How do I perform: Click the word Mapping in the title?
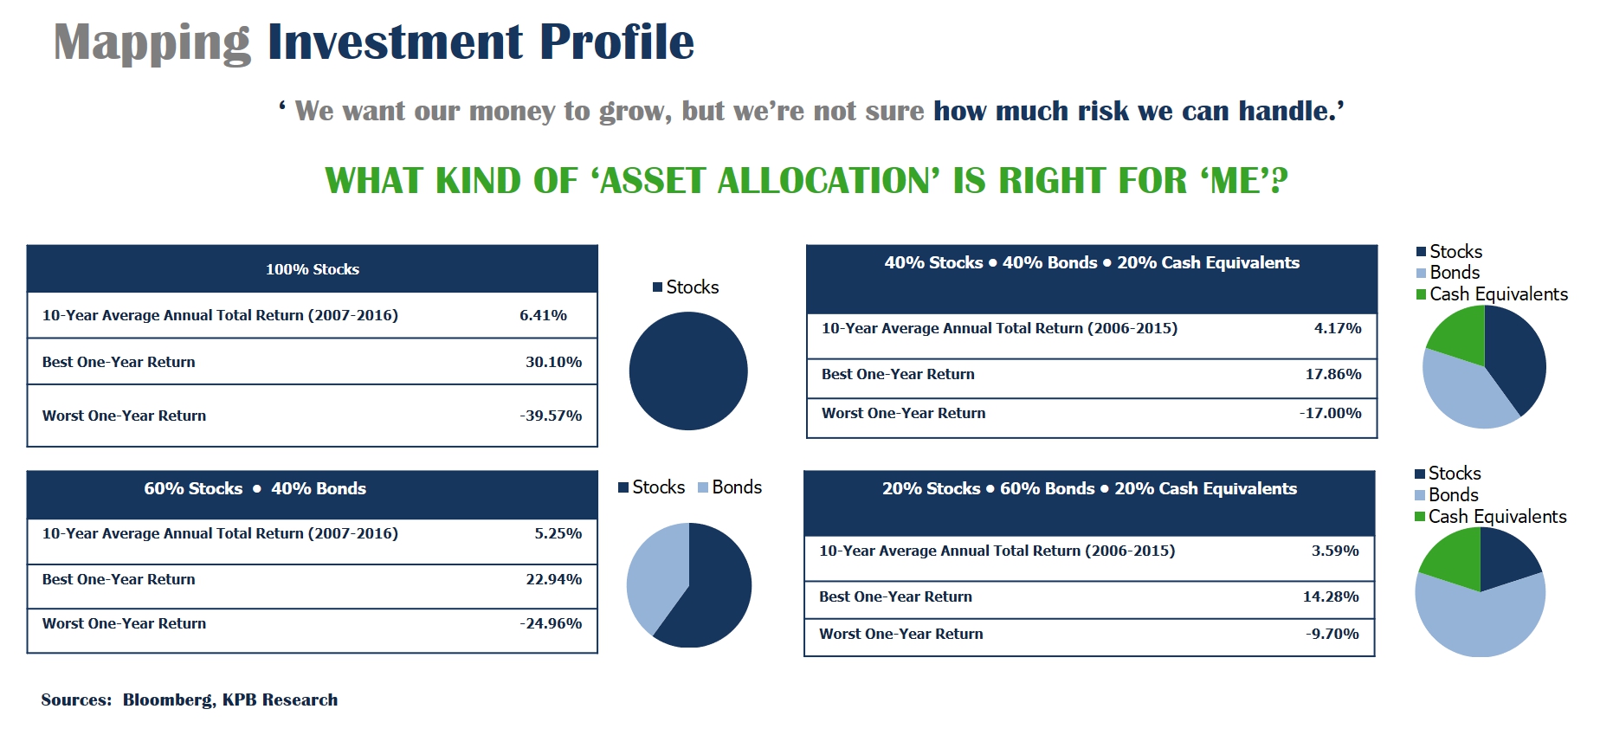152,42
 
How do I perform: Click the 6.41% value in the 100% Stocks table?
543,315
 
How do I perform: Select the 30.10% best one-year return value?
553,362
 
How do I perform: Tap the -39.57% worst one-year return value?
551,416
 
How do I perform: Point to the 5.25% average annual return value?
558,533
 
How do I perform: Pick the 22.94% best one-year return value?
553,579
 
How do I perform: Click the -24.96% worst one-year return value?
551,623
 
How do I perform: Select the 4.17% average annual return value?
1338,328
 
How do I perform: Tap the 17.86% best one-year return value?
1333,374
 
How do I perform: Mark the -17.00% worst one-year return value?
1331,413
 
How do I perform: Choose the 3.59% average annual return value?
1335,551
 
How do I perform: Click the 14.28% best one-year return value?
1331,596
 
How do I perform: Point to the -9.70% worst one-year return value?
1332,634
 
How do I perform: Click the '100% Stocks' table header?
313,269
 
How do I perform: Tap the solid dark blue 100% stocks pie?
688,371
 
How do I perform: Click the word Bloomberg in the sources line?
169,700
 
